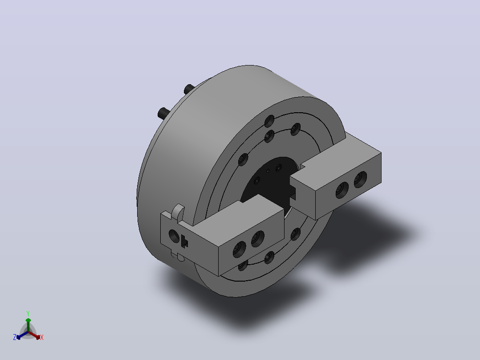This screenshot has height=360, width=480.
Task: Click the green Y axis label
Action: [28, 313]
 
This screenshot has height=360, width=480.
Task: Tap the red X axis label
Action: [42, 337]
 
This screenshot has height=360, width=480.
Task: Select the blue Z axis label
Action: [15, 337]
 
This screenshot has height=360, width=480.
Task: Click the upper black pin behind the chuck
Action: [189, 89]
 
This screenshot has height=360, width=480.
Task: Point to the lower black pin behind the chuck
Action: [163, 113]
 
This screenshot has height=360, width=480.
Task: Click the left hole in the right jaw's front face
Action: [342, 190]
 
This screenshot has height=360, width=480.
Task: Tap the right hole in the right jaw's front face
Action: [360, 179]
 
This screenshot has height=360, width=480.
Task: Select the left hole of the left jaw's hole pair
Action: [239, 249]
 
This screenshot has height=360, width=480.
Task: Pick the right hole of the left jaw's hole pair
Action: [257, 239]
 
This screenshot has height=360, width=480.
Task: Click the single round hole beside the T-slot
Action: [174, 236]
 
